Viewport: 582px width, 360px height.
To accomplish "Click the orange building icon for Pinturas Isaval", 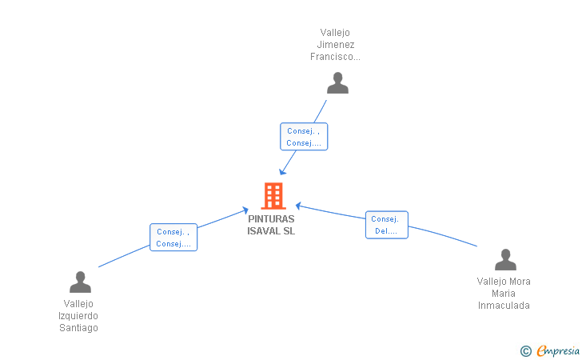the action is click(273, 196).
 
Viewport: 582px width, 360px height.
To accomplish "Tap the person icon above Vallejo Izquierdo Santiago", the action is click(80, 282).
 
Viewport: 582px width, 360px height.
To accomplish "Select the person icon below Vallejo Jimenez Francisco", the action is click(337, 83).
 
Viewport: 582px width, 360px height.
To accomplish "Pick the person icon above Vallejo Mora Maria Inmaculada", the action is click(505, 259).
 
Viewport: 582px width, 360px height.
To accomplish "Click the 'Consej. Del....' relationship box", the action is click(387, 225).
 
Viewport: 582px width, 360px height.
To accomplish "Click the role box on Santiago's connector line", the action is click(173, 238).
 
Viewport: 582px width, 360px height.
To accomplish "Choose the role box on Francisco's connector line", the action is click(304, 137).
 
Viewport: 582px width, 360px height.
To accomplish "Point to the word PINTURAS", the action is click(271, 219).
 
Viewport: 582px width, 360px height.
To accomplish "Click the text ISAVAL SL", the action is click(271, 231).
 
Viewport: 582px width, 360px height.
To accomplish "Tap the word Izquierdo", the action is click(78, 316).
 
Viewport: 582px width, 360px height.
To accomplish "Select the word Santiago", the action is click(78, 328).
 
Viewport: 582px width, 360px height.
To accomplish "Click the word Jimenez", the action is click(336, 45).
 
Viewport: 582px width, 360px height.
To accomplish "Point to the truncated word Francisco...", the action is click(335, 57).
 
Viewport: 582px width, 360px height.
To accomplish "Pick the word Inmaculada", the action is click(504, 306).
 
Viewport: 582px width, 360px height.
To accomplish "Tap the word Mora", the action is click(520, 282).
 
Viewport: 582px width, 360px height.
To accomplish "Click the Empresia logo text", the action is click(558, 350).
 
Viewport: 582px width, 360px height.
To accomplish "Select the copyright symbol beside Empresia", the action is click(526, 351).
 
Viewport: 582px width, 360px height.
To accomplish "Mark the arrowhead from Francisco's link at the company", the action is click(282, 171).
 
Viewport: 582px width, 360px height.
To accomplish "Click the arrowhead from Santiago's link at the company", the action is click(245, 210).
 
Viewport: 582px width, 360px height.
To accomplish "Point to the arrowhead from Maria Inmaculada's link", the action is click(298, 206).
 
